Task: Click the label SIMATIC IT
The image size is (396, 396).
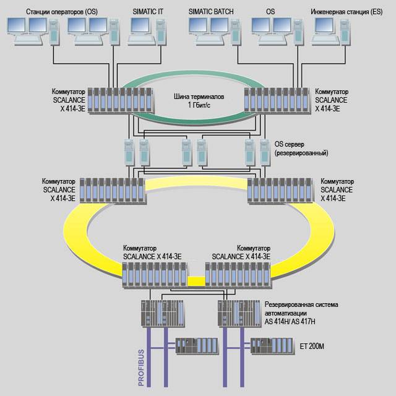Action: (148, 12)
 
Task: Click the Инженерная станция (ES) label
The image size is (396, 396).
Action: (347, 12)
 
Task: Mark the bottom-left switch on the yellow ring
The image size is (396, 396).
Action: (153, 273)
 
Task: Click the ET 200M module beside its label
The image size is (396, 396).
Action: (273, 345)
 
